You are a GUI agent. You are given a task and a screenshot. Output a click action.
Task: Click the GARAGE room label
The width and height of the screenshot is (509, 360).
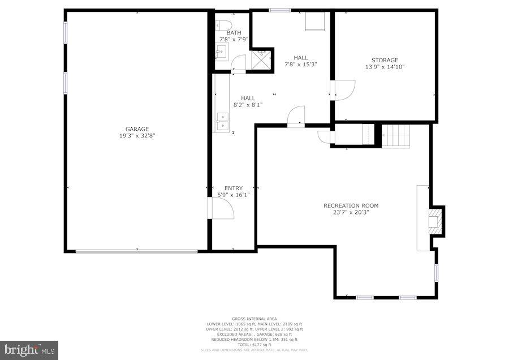tap(137, 129)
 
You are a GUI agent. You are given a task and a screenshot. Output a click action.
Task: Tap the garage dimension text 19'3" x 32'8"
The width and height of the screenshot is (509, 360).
tap(137, 136)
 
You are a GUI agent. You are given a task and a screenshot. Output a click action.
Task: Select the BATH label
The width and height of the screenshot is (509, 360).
tap(234, 33)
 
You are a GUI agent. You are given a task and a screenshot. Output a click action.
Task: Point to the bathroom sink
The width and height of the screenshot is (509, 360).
tap(221, 53)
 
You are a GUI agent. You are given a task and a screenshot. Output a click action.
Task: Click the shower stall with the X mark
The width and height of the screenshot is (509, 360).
tap(261, 58)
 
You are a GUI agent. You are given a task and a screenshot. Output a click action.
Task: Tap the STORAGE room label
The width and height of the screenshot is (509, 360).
tap(385, 60)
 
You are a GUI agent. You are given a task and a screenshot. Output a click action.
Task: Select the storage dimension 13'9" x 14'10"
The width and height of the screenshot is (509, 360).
tap(385, 67)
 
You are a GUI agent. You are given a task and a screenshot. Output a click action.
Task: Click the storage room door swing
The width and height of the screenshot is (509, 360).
tap(343, 89)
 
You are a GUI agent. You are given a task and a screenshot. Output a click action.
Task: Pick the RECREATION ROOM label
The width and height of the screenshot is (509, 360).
tap(351, 205)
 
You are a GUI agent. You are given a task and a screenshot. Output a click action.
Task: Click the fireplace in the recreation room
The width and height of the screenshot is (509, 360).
tap(435, 221)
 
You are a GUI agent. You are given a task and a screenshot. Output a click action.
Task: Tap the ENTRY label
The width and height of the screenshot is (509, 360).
tap(233, 188)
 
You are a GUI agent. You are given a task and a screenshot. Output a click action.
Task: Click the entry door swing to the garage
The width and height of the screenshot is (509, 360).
tap(221, 208)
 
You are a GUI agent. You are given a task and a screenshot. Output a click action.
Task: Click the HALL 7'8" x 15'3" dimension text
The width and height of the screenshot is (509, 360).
tap(300, 65)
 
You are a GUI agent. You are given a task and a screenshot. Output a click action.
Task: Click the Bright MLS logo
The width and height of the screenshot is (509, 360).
tap(29, 350)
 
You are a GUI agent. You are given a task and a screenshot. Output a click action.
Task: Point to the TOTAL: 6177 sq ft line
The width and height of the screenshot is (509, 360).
tap(255, 344)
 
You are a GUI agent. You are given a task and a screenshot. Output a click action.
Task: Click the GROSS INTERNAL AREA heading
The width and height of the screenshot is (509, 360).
tap(255, 319)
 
